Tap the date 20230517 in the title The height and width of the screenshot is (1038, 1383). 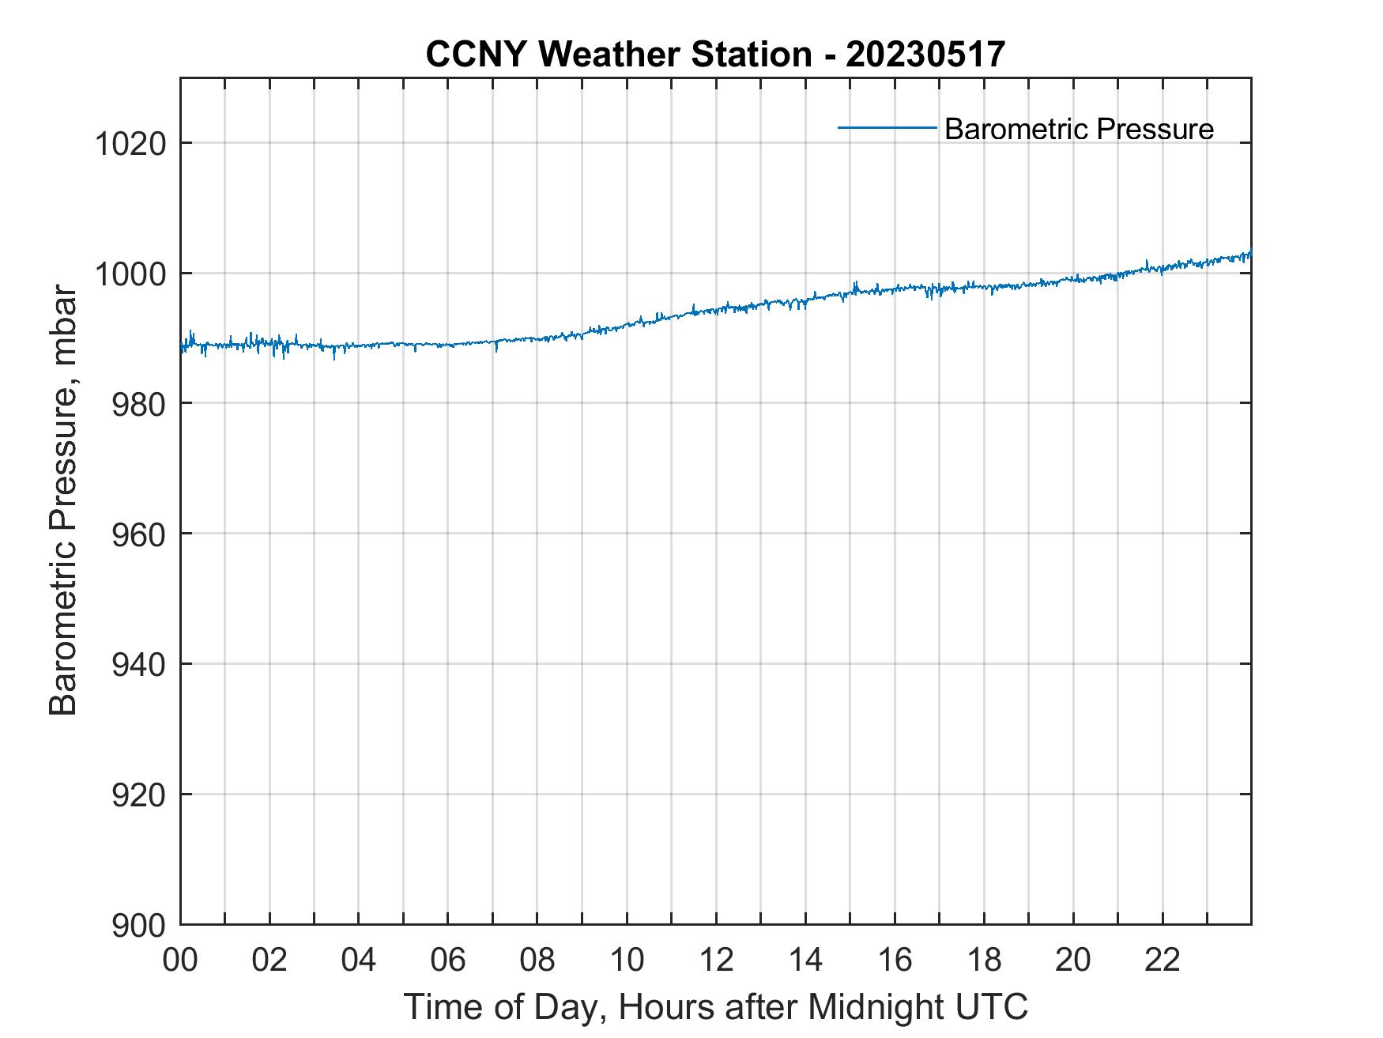925,54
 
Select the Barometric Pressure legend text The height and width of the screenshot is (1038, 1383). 1079,128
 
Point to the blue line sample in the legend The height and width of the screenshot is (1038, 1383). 887,127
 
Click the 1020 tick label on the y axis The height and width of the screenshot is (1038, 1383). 130,145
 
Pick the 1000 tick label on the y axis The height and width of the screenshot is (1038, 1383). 130,274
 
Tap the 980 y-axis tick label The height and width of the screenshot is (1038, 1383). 139,404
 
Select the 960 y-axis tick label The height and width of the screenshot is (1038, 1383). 139,534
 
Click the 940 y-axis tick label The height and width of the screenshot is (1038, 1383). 139,665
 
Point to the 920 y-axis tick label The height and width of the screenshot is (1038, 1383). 139,795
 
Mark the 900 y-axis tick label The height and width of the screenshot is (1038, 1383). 139,925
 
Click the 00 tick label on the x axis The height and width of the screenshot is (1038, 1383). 180,960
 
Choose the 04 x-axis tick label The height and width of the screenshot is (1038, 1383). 359,960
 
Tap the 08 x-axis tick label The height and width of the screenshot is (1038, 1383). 537,960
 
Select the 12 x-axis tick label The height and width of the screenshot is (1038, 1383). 716,960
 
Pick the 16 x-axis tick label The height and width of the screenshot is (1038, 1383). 895,960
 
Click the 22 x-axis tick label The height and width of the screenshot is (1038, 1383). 1163,960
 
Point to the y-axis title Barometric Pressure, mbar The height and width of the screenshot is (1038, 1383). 63,500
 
